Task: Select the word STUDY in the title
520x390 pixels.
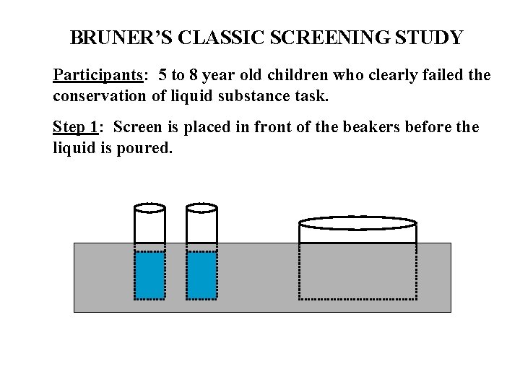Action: coord(433,38)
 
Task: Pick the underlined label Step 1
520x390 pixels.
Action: coord(75,127)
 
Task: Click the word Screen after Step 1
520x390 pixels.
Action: coord(137,127)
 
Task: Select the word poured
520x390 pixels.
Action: coord(147,147)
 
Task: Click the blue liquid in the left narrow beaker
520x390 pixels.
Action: coord(150,274)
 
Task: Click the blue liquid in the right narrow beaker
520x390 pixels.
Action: coord(201,274)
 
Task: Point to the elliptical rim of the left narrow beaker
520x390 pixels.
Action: coord(150,209)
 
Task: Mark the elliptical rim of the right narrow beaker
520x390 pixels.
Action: coord(201,209)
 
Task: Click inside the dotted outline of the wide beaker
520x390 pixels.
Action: coord(357,271)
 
